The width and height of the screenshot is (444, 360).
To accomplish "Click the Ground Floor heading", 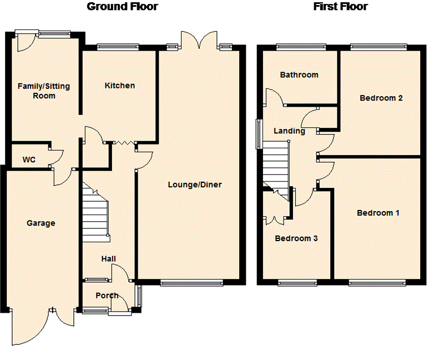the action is (122, 7).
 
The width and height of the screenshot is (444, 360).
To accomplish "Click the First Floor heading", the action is (340, 7).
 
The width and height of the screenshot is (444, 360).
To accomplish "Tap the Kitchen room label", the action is (120, 86).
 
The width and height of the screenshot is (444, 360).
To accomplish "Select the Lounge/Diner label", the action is (195, 184).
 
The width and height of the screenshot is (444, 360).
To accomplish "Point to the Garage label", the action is (41, 223).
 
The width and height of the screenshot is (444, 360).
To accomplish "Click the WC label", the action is (29, 159).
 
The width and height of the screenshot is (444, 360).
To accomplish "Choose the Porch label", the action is (107, 296).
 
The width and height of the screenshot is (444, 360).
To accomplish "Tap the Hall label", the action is (108, 259).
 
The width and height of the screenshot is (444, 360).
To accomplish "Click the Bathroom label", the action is (299, 75).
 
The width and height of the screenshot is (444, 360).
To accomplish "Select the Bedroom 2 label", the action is (381, 98).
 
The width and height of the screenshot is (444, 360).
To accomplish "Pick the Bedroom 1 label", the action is (378, 213).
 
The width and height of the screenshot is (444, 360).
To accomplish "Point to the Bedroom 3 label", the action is (296, 238).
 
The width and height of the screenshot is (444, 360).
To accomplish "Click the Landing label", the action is (289, 131).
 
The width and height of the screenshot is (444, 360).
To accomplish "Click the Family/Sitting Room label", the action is (44, 91).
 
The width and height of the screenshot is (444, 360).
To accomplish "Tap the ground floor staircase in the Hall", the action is (96, 213).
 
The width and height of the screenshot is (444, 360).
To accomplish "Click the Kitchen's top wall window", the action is (118, 47).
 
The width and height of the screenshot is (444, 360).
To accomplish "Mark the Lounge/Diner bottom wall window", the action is (191, 282).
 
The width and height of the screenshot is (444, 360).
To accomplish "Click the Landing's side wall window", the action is (259, 134).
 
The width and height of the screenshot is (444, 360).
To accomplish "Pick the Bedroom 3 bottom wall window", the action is (297, 283).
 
